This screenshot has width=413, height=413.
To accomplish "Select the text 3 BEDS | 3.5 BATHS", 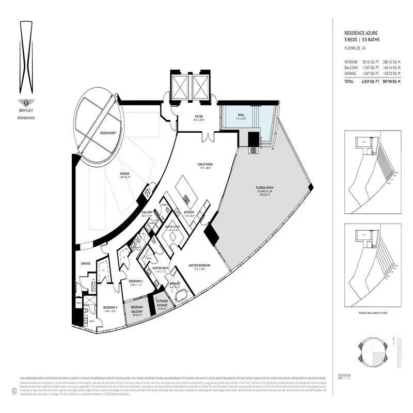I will point(360,39).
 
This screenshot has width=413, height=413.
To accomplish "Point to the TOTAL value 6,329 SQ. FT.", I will point(368,82).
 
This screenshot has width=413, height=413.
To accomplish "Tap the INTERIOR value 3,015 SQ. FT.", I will point(368,62).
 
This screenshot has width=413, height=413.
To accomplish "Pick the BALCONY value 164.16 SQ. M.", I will point(391,68).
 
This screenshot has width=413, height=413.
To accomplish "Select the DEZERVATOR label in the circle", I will point(110,133).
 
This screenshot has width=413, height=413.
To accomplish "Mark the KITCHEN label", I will point(188,212).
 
